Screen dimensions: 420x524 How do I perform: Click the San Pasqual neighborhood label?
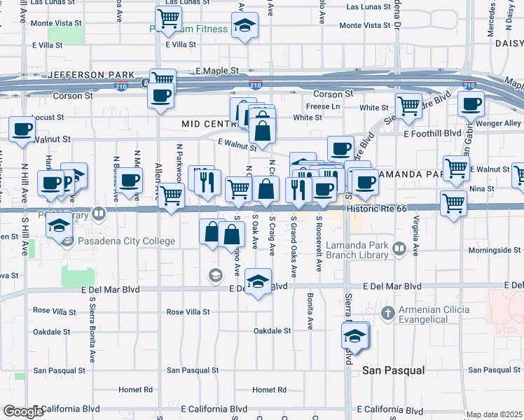(x=394, y=370)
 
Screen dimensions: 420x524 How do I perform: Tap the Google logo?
(x=23, y=412)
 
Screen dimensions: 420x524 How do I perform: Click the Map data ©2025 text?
(x=494, y=414)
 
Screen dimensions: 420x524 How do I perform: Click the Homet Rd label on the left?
(x=135, y=390)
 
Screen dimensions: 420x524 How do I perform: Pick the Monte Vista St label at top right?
(x=365, y=25)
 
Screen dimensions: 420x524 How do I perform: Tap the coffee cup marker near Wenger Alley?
(x=471, y=104)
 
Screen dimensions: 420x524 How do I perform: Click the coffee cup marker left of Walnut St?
(x=22, y=129)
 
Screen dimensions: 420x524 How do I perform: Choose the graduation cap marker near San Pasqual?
(x=355, y=336)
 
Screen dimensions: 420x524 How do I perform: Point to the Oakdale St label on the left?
(x=52, y=332)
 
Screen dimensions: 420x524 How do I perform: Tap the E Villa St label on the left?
(x=47, y=45)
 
